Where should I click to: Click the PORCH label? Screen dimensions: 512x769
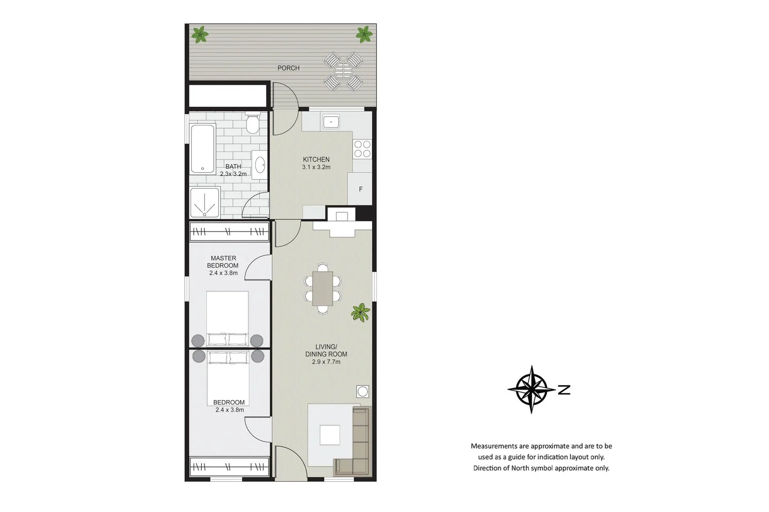[x=289, y=68]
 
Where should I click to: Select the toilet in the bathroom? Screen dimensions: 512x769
[x=253, y=125]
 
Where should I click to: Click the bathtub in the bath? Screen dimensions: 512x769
[x=203, y=148]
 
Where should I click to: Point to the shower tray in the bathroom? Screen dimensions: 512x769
[x=205, y=203]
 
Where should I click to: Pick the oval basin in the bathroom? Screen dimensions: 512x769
[x=260, y=165]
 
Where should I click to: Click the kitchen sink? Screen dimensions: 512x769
[x=330, y=122]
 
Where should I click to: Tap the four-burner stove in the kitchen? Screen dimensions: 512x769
[x=363, y=148]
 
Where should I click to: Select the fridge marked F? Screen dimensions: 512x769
[x=360, y=189]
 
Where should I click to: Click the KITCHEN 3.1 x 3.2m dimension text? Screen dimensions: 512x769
[x=316, y=167]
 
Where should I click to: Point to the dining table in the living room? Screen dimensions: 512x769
[x=323, y=288]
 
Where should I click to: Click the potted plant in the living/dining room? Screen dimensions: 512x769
[x=361, y=312]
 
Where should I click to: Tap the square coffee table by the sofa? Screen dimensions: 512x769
[x=329, y=435]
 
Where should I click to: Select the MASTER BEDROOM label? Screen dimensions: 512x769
[x=223, y=262]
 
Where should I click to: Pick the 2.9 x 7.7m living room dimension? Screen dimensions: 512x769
[x=326, y=362]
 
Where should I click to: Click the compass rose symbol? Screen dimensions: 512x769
[x=531, y=389]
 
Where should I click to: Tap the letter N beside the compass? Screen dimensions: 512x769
[x=564, y=390]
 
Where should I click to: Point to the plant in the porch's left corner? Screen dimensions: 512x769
[x=200, y=34]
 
